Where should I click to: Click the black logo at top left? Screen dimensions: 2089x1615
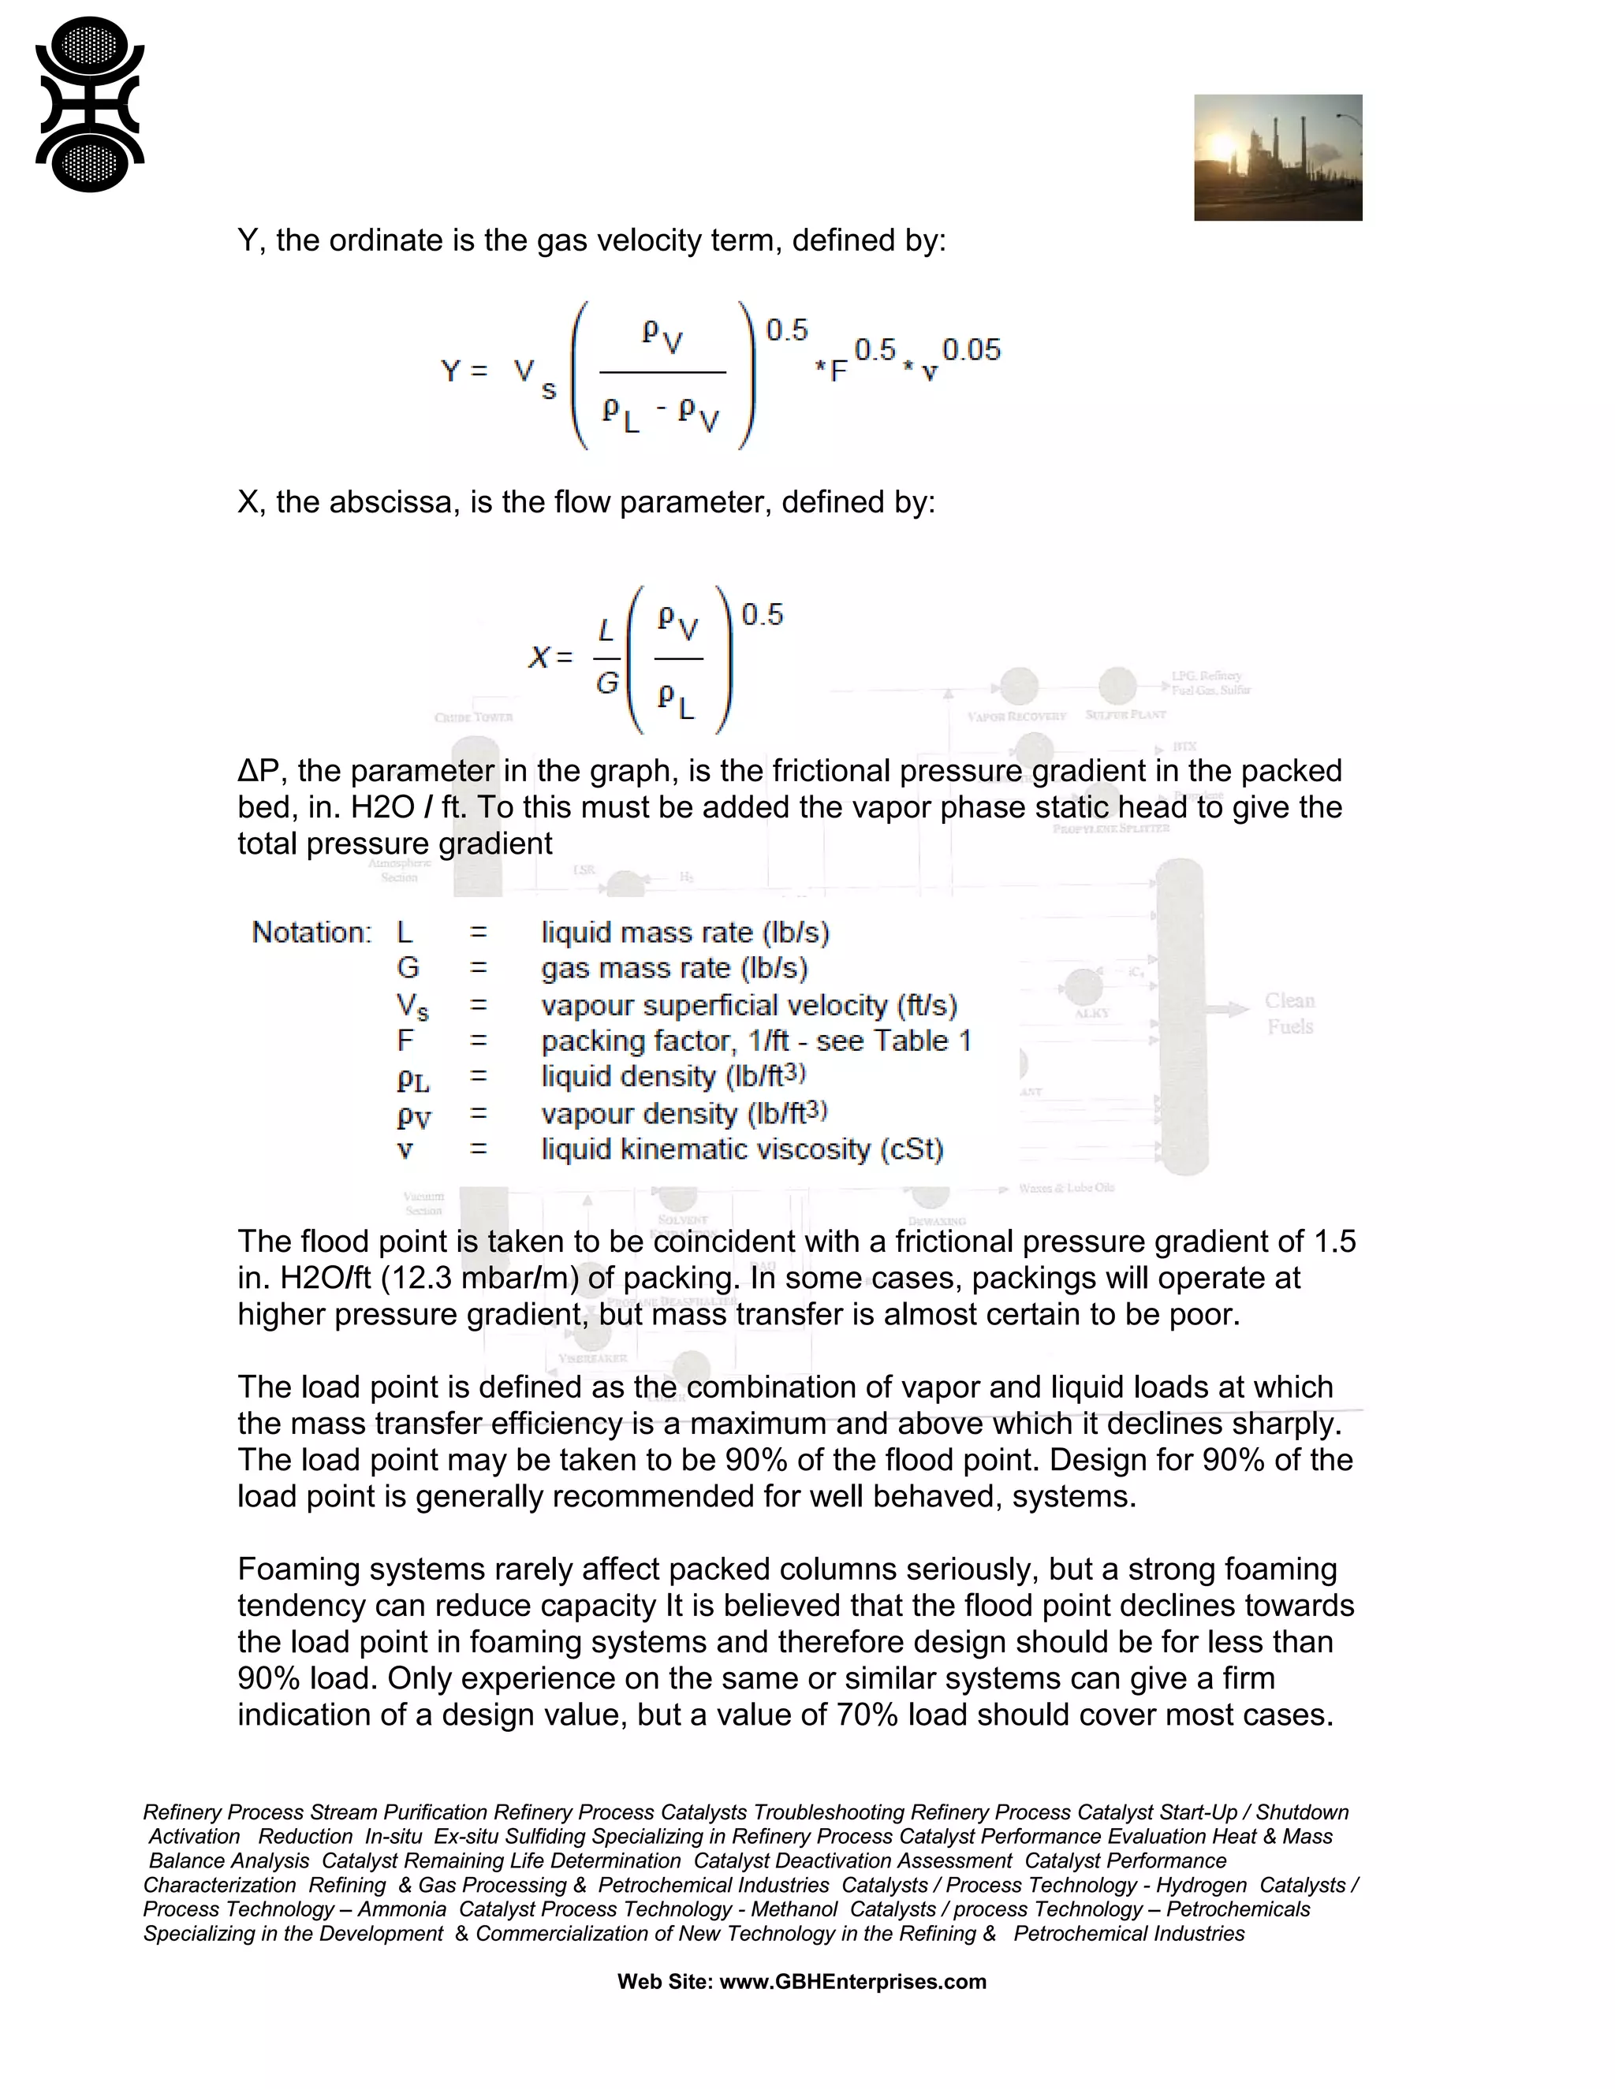(x=89, y=103)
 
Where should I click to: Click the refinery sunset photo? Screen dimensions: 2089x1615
(x=1277, y=157)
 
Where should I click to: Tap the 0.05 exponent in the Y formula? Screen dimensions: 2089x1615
(x=971, y=349)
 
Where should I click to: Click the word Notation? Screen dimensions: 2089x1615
(x=311, y=933)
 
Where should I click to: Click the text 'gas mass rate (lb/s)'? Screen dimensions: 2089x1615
(x=673, y=968)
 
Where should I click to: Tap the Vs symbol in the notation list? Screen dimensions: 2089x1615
(x=412, y=1005)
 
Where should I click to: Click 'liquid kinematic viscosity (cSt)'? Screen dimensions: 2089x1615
(x=741, y=1149)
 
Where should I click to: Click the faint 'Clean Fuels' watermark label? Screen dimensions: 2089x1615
(x=1289, y=1013)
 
